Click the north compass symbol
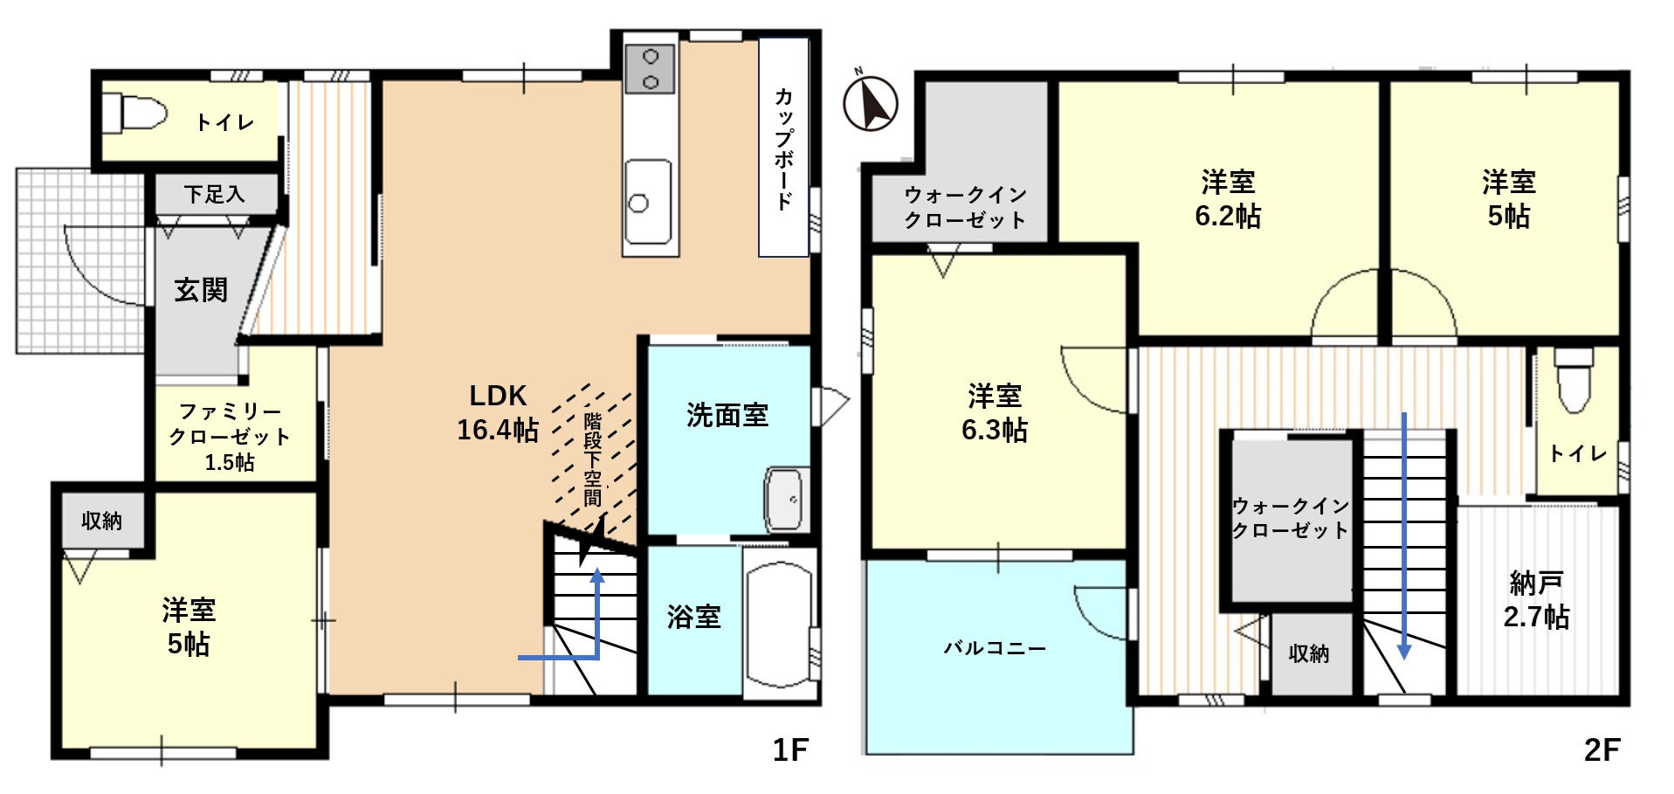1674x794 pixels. pos(870,102)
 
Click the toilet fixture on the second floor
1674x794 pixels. pos(1574,381)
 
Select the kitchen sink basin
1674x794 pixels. pos(648,202)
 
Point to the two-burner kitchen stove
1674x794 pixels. pos(650,69)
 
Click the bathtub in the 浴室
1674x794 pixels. pos(780,623)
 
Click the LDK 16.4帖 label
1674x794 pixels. pos(498,412)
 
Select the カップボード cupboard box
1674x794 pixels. pos(783,147)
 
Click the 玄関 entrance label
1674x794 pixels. pos(201,290)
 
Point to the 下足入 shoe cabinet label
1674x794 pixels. pos(215,194)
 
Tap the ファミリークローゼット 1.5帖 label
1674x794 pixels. pos(230,436)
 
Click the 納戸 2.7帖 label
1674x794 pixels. pos(1536,600)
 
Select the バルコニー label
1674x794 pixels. pos(995,648)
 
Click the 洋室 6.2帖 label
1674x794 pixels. pos(1228,199)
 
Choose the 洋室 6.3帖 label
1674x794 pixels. pos(995,413)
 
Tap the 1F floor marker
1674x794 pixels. pos(790,749)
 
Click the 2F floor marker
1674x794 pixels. pos(1602,749)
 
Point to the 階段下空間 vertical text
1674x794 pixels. pos(593,459)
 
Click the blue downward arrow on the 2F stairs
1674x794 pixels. pos(1404,535)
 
